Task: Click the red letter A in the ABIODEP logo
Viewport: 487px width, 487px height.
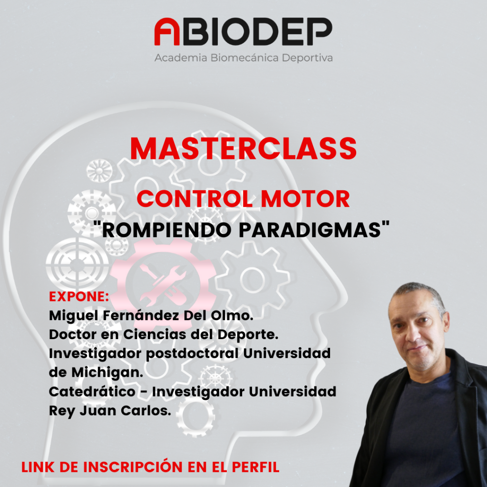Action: coord(167,31)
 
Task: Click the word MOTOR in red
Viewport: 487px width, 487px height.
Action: coord(305,199)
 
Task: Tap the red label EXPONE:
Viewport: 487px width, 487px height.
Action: coord(79,297)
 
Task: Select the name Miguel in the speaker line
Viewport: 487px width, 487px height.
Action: coord(73,316)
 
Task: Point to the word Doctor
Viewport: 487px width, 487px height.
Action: coord(73,334)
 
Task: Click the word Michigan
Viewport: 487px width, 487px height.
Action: coord(107,373)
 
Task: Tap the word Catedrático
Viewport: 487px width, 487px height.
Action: coord(92,392)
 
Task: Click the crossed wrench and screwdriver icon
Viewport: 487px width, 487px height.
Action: coord(163,285)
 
